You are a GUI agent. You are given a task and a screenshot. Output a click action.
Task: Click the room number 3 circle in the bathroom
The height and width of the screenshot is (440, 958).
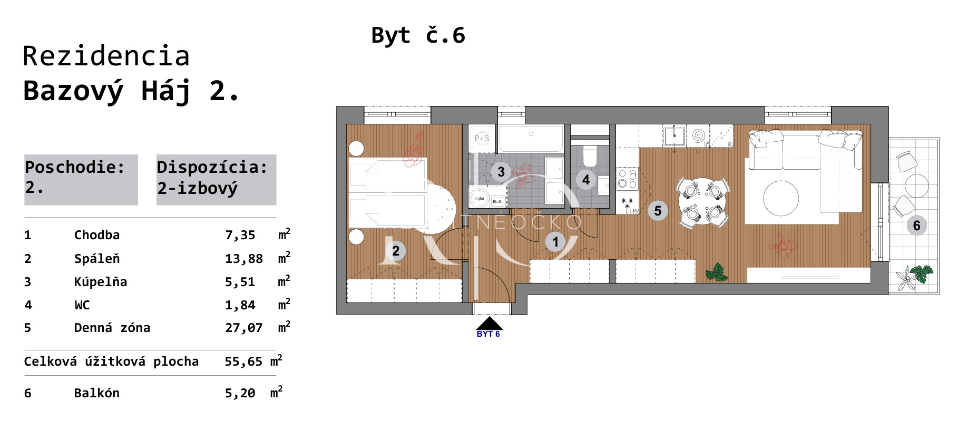tap(501, 172)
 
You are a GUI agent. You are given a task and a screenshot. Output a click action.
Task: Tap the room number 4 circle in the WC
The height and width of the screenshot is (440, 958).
tap(586, 180)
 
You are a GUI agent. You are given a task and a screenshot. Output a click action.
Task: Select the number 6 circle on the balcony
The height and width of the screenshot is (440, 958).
tap(916, 226)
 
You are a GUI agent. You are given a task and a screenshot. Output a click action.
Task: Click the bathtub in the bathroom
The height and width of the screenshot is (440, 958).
tap(531, 139)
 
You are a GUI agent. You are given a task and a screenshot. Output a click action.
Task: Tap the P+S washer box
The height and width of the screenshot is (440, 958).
tap(482, 139)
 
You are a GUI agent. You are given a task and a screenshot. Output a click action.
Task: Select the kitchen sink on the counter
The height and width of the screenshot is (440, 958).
tap(674, 136)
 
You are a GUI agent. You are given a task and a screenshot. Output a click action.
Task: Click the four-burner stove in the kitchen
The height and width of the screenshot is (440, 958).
tap(627, 179)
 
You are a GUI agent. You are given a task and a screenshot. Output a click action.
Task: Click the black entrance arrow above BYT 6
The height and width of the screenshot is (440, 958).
tap(489, 323)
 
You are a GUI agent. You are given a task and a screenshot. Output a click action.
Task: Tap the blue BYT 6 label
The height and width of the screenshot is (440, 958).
tap(488, 334)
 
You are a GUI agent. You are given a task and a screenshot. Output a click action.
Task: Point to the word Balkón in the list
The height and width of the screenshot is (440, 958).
tap(96, 393)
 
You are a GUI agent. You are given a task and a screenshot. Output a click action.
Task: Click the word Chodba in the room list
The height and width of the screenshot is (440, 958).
tap(96, 235)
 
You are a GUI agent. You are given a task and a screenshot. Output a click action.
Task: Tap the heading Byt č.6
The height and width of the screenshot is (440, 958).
tap(418, 35)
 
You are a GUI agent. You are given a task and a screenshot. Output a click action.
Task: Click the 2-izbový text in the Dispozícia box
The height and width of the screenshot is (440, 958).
tap(198, 188)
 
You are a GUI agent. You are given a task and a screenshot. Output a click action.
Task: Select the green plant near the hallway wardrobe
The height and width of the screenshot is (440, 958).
tap(717, 272)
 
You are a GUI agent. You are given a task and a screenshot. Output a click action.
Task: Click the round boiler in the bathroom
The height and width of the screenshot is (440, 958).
tap(479, 199)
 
